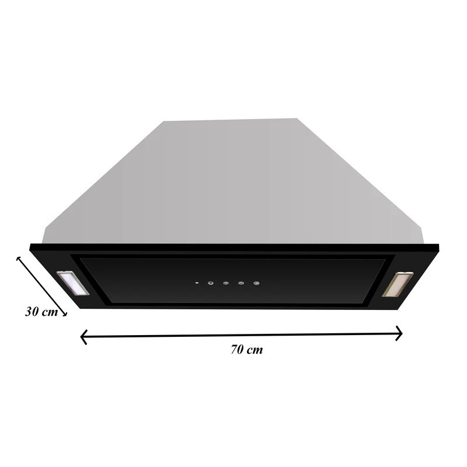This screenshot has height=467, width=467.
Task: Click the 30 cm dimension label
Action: pyautogui.click(x=41, y=312)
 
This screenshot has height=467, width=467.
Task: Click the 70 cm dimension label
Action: pyautogui.click(x=247, y=349)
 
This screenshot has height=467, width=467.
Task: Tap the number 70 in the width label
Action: pyautogui.click(x=238, y=349)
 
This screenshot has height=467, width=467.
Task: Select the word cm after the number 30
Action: pyautogui.click(x=50, y=312)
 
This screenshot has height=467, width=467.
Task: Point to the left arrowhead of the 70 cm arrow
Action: pyautogui.click(x=83, y=337)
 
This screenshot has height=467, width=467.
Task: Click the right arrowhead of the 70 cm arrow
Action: pyautogui.click(x=399, y=333)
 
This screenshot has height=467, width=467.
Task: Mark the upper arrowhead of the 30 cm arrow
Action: pyautogui.click(x=19, y=259)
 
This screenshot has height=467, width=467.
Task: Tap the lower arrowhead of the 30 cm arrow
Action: pyautogui.click(x=64, y=313)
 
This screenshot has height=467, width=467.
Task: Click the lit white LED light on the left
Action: pyautogui.click(x=72, y=283)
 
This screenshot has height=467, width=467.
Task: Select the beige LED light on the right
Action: pyautogui.click(x=398, y=284)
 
